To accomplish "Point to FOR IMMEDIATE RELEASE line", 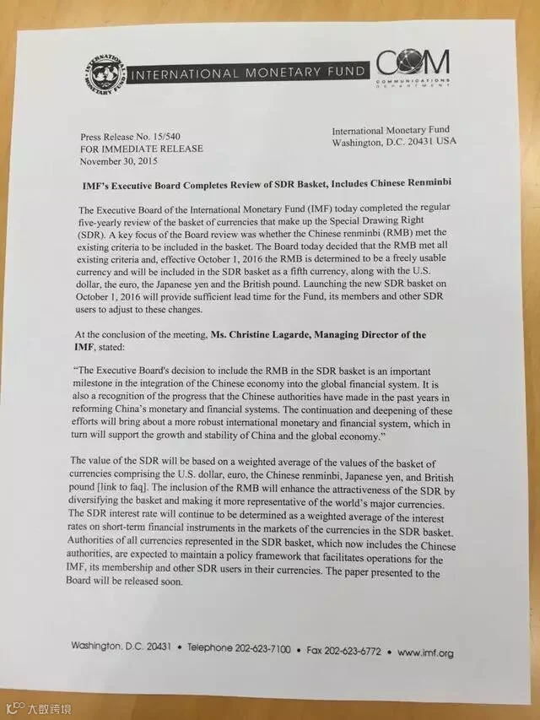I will (x=141, y=149).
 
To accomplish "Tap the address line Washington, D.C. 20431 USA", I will (x=392, y=141).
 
